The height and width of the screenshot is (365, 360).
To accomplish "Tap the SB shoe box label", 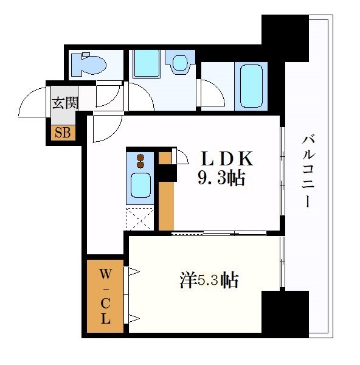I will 63,132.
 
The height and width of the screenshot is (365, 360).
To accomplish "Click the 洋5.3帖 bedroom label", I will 209,280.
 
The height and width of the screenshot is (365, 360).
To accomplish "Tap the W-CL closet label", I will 105,297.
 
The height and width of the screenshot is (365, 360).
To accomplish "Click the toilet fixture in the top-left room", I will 88,63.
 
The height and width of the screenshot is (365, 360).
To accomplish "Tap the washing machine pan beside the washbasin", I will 147,63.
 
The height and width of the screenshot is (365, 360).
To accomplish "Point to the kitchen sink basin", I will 140,184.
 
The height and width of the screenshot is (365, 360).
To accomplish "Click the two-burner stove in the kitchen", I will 140,161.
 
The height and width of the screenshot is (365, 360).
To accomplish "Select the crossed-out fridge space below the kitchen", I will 140,218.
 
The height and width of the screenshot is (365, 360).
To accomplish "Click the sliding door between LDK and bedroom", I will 219,233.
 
